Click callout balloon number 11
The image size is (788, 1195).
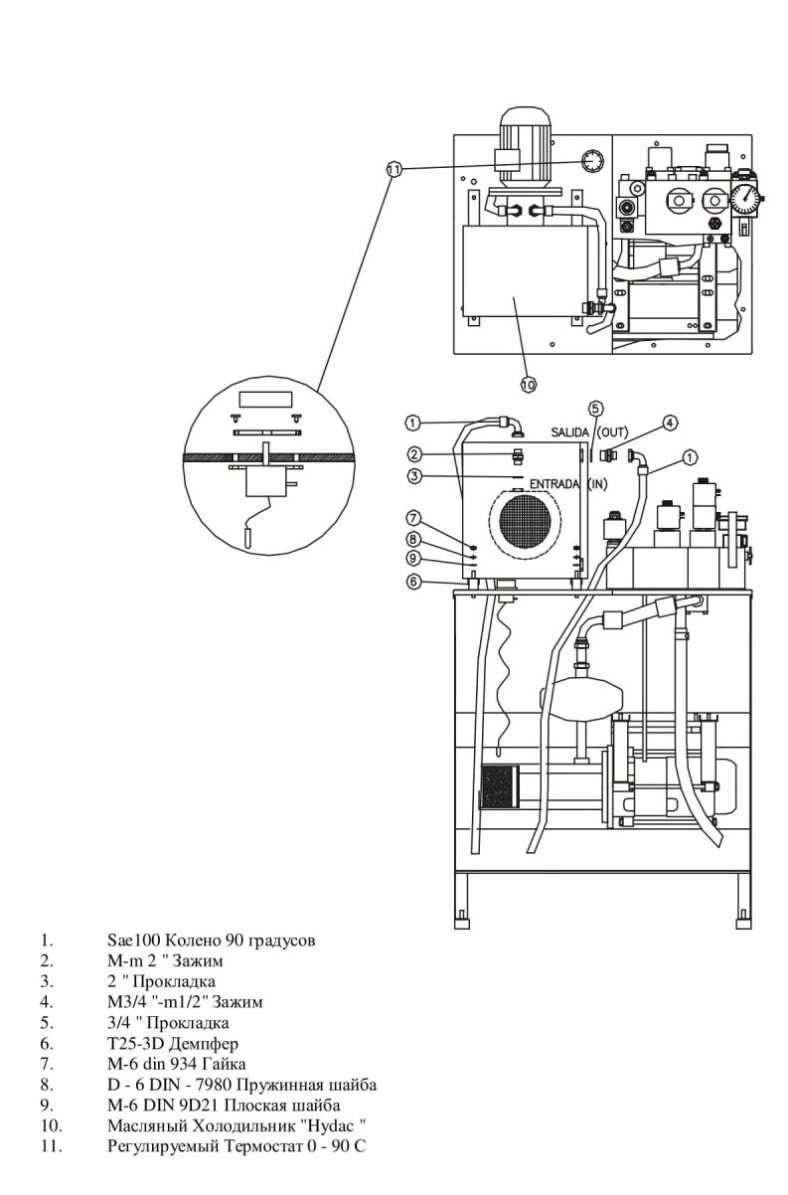point(394,170)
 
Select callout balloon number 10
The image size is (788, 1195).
point(529,384)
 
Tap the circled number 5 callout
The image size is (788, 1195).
point(595,409)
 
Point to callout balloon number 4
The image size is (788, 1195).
point(670,424)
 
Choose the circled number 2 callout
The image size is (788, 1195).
point(414,454)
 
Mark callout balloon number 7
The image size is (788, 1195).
point(413,518)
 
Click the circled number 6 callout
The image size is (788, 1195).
point(413,582)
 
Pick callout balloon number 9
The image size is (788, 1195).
point(413,559)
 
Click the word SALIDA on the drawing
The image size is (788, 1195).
point(569,432)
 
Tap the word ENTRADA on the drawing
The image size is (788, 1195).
point(554,484)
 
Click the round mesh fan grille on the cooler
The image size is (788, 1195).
point(525,521)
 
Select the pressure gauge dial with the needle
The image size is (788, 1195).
point(745,199)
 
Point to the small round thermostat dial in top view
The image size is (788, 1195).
point(592,161)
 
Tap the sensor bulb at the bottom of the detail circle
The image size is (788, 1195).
point(247,536)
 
